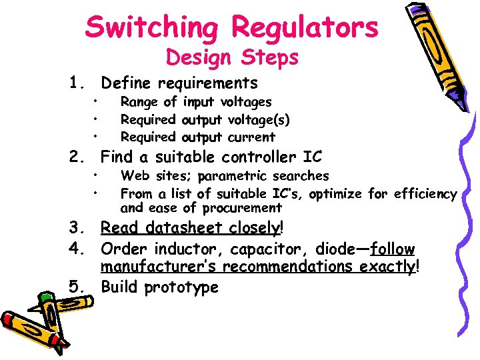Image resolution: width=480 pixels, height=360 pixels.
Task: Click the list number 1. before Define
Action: (x=79, y=83)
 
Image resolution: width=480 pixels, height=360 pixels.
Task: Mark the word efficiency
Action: (x=425, y=194)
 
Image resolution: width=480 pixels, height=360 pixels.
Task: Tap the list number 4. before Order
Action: (x=79, y=249)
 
